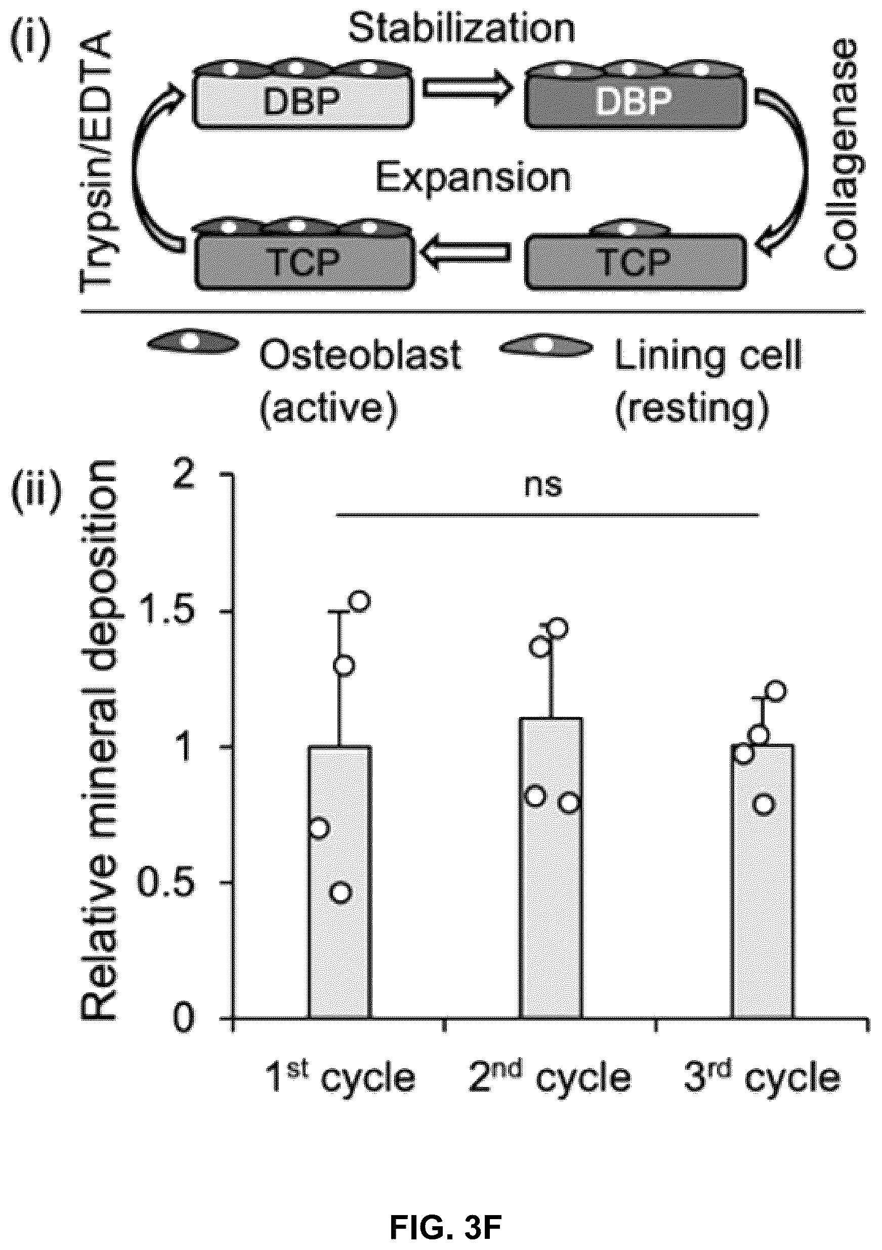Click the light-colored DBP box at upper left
(303, 101)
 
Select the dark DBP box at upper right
(636, 101)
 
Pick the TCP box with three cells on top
(304, 262)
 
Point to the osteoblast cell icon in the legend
(193, 344)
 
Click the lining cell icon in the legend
(546, 346)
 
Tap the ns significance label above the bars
(543, 485)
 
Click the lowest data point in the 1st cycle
(341, 893)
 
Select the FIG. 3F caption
(445, 1212)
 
